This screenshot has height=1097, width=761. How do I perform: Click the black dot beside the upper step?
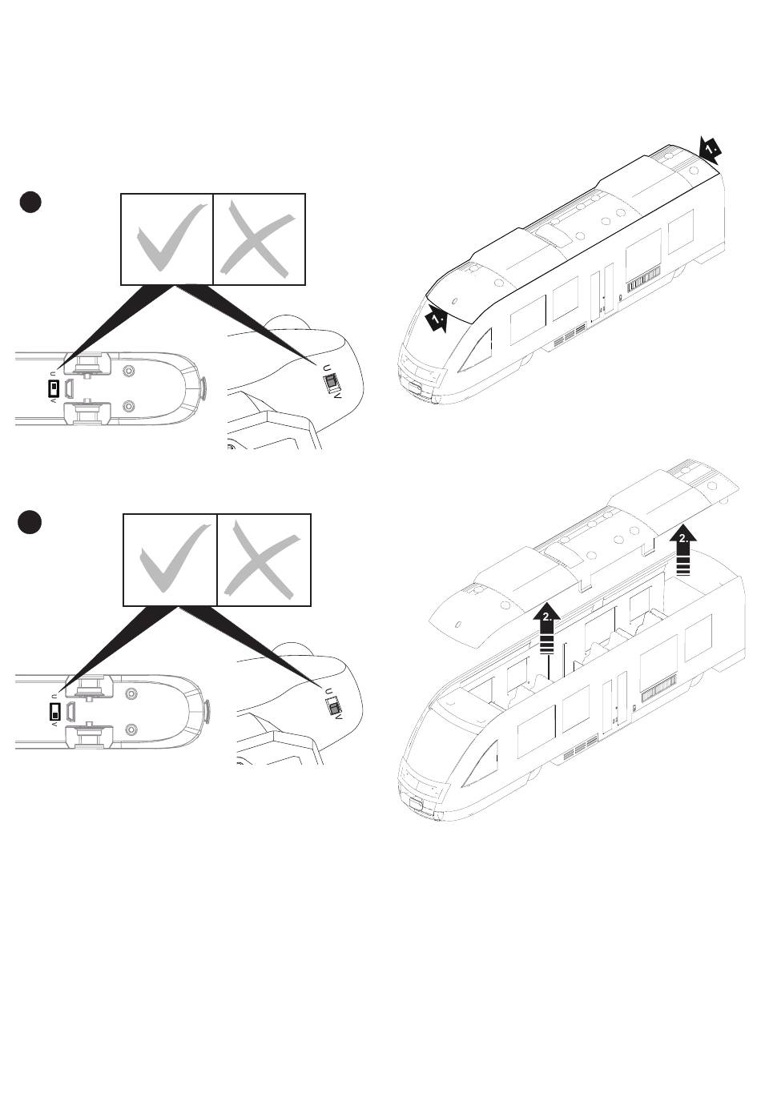pos(30,203)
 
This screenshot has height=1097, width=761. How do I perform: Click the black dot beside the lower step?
pos(30,522)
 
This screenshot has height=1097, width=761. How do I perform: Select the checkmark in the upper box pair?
pos(167,239)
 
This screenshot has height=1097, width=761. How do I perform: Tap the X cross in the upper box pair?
pos(258,239)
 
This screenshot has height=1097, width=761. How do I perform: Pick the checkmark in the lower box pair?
pos(170,559)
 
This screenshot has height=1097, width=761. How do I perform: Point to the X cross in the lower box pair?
pos(263,559)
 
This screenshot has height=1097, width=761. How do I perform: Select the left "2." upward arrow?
pos(546,627)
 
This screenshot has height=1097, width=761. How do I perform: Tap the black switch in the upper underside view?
pos(53,389)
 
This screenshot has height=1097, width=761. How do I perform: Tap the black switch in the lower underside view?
pos(54,711)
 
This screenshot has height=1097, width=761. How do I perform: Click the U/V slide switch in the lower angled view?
pos(331,707)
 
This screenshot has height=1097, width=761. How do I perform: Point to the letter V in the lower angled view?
pos(340,717)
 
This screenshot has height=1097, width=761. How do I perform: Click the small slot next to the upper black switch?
pos(70,389)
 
